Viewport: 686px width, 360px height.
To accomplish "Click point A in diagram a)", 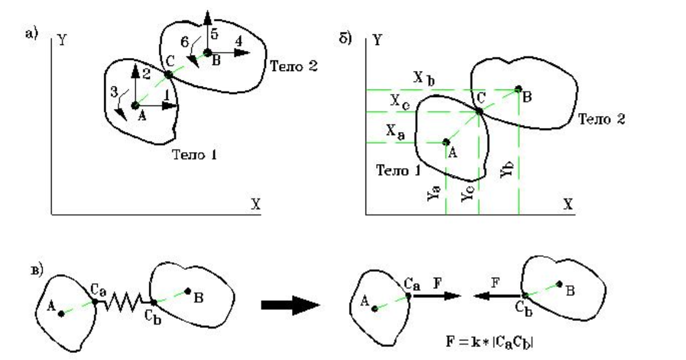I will coord(136,105).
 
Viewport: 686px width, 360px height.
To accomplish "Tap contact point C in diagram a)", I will coord(168,75).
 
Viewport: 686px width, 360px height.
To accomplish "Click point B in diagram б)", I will coord(518,89).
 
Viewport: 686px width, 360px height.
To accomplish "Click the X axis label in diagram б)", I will coord(567,204).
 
